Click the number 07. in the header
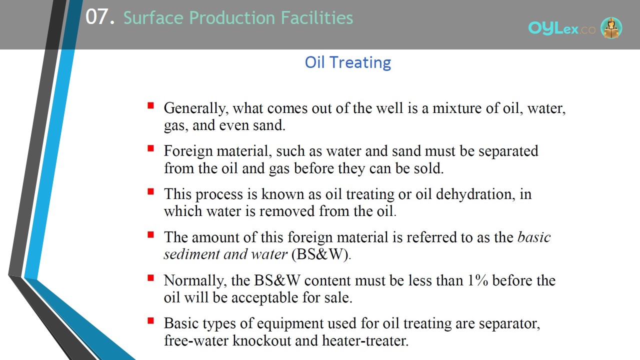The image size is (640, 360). pos(100,17)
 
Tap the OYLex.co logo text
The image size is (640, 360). pos(562,28)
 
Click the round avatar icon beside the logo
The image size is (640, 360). pos(611,27)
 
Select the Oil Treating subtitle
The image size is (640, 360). pos(347,62)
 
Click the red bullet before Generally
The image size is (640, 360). pos(150,105)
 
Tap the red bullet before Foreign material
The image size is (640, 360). pos(150,148)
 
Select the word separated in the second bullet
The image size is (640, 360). pos(508,151)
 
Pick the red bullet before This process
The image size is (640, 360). pos(150,191)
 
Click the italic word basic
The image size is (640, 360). pos(534,237)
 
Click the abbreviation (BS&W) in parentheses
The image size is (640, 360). pos(320,254)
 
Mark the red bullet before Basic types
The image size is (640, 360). pos(150,321)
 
